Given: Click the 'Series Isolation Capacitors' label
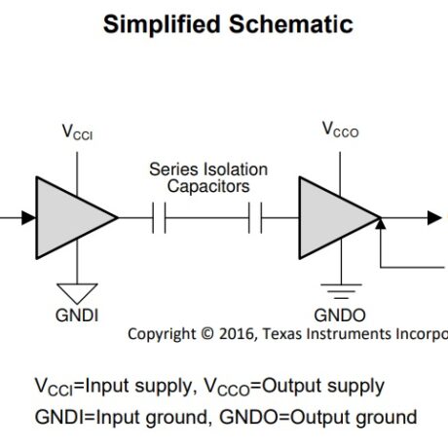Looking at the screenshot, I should (x=208, y=177).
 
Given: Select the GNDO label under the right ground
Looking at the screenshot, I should (x=340, y=317).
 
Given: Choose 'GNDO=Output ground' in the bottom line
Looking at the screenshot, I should (x=320, y=417).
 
